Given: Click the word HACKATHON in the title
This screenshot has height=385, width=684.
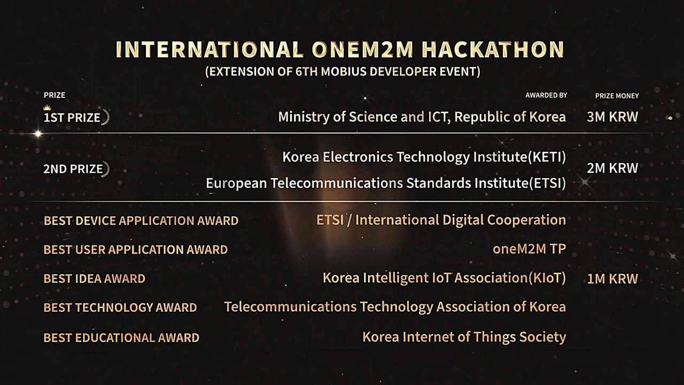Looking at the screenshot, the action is (493, 50).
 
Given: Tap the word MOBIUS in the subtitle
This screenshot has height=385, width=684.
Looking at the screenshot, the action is (344, 72).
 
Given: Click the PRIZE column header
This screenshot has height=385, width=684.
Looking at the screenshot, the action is (55, 95).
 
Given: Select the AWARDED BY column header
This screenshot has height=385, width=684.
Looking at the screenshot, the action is (546, 95).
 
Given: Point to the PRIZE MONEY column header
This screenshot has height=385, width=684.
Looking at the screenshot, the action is (617, 96).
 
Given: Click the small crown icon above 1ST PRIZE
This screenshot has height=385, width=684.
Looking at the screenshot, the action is (47, 107).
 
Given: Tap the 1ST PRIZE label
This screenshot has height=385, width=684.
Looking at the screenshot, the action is (72, 118).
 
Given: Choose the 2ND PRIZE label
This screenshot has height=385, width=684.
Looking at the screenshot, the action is (73, 168).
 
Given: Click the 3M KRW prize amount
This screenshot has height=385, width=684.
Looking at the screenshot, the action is (612, 117).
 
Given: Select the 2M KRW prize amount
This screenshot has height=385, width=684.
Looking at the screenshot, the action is (612, 168).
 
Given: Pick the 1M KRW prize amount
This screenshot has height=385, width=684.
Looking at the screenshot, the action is (612, 279).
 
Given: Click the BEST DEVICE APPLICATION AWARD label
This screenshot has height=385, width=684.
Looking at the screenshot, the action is (141, 221).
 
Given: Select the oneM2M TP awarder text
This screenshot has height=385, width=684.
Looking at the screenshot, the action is (529, 249).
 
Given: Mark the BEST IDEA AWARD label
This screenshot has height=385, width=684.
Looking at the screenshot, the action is (95, 279).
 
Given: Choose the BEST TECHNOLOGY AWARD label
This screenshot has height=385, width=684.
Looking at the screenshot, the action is (120, 307).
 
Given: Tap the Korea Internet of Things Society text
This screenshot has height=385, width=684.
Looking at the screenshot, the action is (464, 337).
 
